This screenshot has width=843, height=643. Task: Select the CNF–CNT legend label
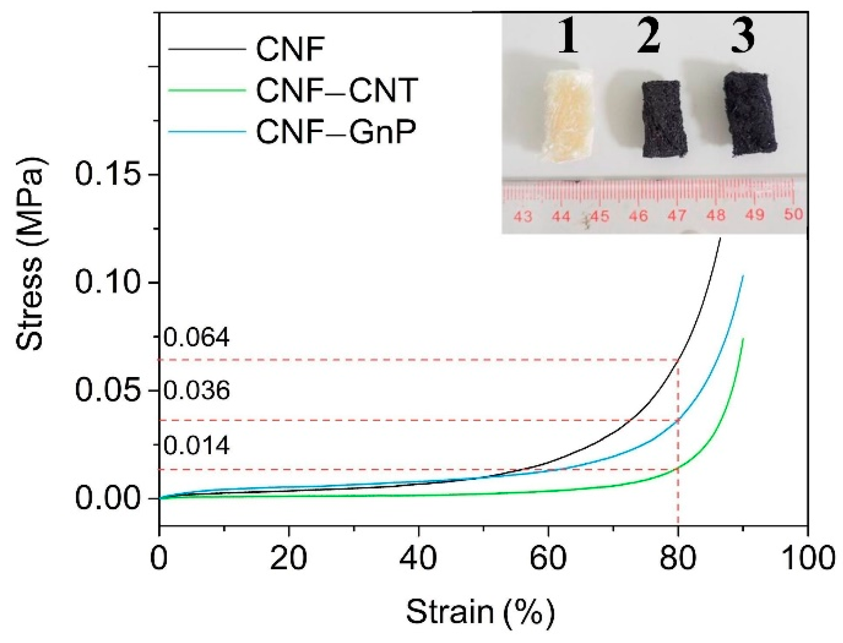[x=337, y=90]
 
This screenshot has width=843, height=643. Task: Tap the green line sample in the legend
[x=207, y=90]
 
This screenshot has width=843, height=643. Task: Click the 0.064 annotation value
[x=196, y=338]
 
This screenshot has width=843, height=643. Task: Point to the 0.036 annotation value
[x=196, y=391]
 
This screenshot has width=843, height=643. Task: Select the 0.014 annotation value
[x=196, y=446]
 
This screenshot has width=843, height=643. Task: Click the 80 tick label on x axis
[x=678, y=559]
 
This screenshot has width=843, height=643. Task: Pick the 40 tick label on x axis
[x=418, y=559]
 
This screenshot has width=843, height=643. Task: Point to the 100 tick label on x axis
[x=807, y=559]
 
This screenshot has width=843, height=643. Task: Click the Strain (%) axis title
[x=481, y=612]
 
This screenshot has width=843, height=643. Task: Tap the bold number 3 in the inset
[x=742, y=35]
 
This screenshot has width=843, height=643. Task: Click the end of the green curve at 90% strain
[x=743, y=339]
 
